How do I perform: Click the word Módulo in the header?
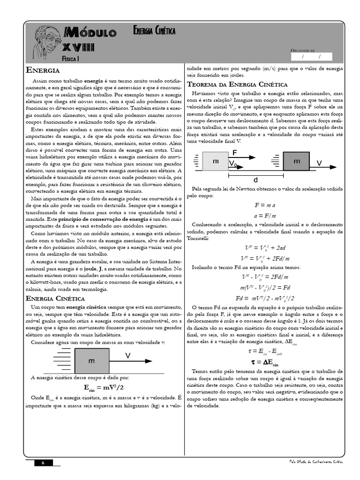[91, 32]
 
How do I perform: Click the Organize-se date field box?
[311, 57]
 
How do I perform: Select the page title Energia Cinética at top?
[154, 31]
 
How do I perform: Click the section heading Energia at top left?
[43, 70]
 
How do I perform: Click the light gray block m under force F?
[216, 161]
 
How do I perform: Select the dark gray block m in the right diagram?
[296, 161]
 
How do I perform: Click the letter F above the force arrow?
[235, 152]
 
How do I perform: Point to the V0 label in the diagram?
[233, 163]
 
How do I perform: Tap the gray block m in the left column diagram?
[91, 360]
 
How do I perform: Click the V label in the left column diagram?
[127, 356]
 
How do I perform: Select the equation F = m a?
[265, 205]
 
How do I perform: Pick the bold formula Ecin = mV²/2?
[104, 387]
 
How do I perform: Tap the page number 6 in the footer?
[43, 463]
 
